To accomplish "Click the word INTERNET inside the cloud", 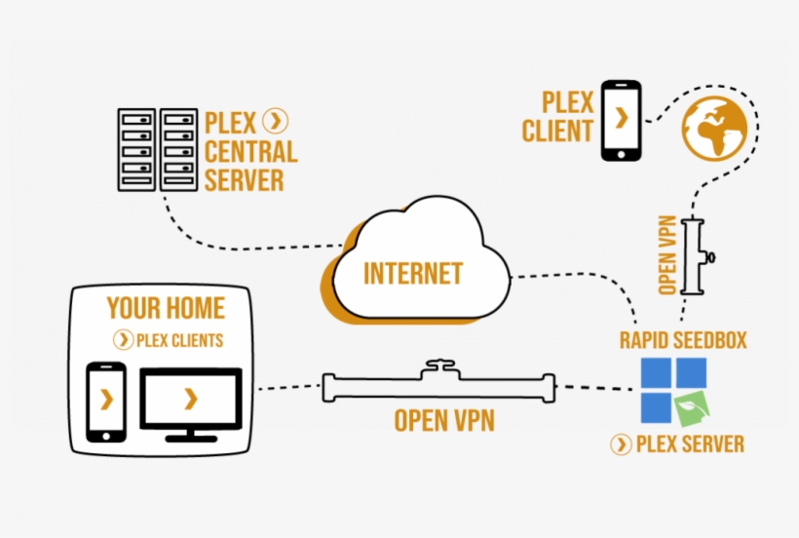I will point(413,274).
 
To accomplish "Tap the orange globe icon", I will point(714,128).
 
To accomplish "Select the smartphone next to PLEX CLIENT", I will point(621,121).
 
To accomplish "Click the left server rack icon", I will point(136,149).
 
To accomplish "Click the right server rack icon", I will point(179,149).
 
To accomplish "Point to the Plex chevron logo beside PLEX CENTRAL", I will point(277,121).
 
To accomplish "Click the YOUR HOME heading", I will point(166,309).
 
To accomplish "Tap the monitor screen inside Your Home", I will point(190,398).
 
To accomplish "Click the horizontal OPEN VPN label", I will point(443,421).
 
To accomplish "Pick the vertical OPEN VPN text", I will point(667,256).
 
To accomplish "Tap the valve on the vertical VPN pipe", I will point(712,258).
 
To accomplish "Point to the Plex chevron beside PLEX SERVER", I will point(621,444).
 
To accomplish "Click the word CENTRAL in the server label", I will point(250,151).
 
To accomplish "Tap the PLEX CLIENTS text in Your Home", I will point(179,340).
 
